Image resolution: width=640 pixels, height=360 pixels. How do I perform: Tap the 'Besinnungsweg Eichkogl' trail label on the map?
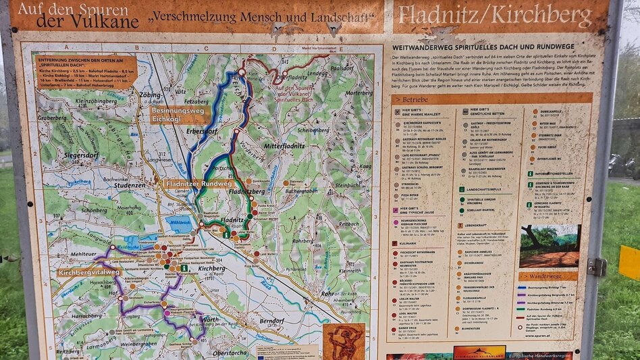pos(177,115)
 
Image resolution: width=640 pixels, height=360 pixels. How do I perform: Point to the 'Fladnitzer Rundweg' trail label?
pos(199,183)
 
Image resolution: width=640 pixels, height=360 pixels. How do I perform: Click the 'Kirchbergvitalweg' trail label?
pos(90,272)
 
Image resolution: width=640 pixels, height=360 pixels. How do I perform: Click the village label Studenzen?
pos(130,184)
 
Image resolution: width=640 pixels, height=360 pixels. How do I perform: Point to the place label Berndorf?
pos(272,322)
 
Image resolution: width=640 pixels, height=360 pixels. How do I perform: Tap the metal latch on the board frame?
pos(596,267)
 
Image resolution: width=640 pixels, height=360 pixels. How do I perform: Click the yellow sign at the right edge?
pos(629,263)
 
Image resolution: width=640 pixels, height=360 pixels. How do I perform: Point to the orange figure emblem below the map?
pos(344,341)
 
